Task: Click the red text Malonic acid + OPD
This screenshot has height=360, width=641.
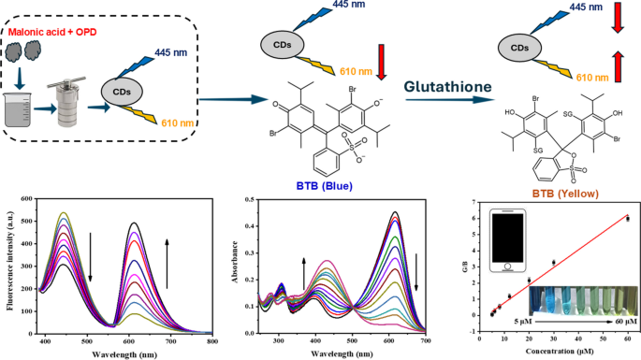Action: click(x=52, y=32)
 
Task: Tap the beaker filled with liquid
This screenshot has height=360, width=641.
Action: click(x=18, y=109)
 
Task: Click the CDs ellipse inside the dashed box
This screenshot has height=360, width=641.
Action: click(x=122, y=92)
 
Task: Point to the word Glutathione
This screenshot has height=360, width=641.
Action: click(x=447, y=87)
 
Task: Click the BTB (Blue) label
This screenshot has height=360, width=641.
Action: click(x=324, y=186)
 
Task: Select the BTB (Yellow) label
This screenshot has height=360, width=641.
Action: click(x=565, y=194)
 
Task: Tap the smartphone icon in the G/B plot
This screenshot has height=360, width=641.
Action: click(x=507, y=240)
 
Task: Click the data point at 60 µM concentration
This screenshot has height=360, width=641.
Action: click(x=628, y=219)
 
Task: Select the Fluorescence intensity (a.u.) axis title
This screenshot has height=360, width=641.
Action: click(x=9, y=261)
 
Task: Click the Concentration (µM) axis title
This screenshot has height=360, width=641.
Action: click(x=560, y=351)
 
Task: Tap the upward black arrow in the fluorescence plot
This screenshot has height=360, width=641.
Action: click(x=167, y=264)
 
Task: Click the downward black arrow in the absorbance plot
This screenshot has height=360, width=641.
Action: click(x=416, y=272)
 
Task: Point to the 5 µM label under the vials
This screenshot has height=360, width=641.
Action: click(x=523, y=322)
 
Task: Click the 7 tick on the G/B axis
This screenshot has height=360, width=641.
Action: click(x=473, y=202)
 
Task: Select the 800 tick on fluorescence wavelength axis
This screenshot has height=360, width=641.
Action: click(x=212, y=341)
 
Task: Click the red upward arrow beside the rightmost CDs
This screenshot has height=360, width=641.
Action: click(x=618, y=66)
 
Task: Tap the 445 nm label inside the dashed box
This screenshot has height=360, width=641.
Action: click(x=171, y=52)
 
